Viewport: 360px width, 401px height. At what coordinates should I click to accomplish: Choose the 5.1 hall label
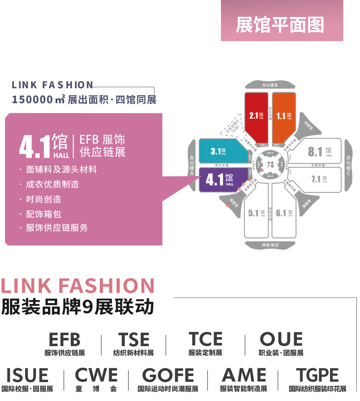pos(256,213)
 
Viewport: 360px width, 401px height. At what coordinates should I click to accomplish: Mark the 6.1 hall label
pos(284,213)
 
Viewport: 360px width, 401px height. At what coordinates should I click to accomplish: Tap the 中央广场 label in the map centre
pos(271,165)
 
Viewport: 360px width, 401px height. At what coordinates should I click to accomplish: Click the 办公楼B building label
pos(269,85)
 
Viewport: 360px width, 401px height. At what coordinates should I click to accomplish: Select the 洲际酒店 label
pos(270,245)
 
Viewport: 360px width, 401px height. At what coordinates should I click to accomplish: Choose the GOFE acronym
pos(168,375)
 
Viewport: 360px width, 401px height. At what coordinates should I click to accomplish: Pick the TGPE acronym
pos(317,375)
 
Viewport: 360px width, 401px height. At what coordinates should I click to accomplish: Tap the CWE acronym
pos(96,375)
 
